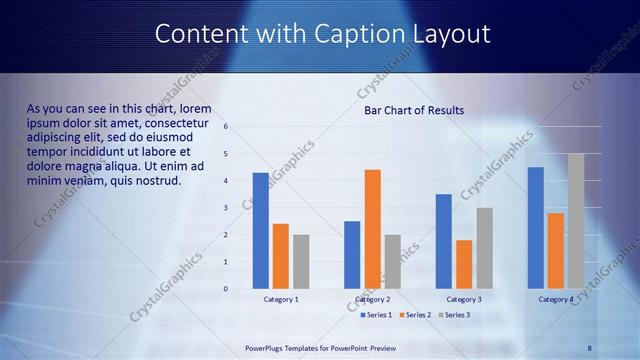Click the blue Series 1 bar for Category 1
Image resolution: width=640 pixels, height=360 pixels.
pos(260,230)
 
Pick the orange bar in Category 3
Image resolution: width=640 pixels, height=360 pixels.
pos(464,263)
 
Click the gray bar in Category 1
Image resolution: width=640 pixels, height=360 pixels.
pos(301,261)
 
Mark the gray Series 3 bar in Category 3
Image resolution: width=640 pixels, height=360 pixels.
pos(484,247)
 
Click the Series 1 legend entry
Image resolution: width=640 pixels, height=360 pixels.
pos(376,315)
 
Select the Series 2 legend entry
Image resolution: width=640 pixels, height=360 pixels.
pos(416,315)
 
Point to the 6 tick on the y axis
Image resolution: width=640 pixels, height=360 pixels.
pos(227,127)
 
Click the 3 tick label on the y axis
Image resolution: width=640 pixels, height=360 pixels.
pos(227,208)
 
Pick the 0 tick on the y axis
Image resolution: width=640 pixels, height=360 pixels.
pos(227,289)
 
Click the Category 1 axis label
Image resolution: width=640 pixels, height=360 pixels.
pos(281,299)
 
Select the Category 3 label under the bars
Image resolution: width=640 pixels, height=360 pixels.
pos(463,299)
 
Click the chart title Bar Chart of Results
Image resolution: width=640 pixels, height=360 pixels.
pos(414,110)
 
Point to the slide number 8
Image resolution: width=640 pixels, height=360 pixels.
pos(590,348)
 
